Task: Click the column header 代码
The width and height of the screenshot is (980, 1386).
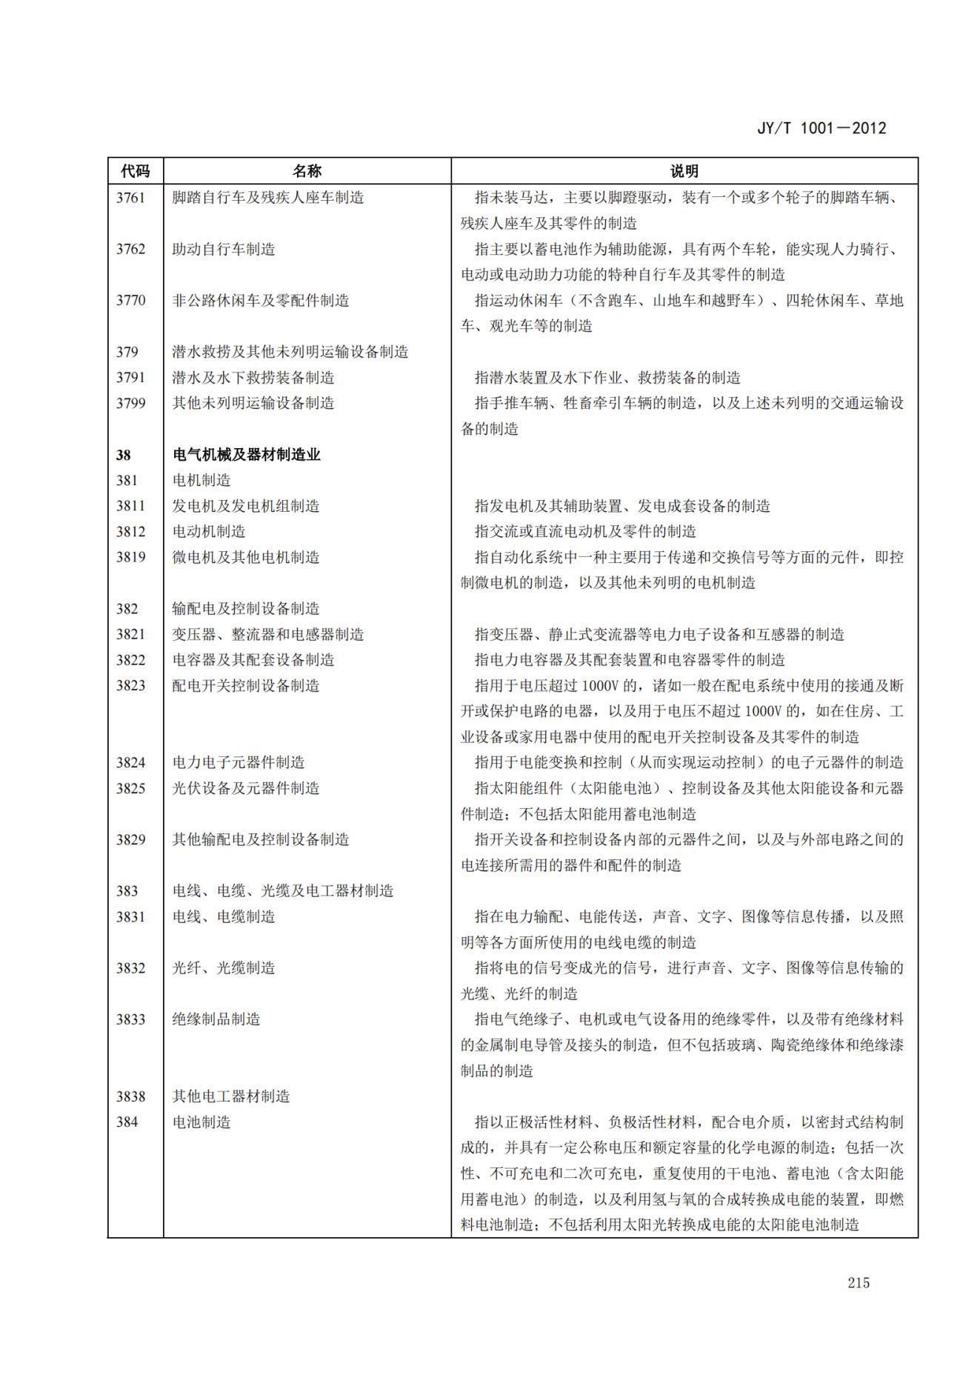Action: coord(135,171)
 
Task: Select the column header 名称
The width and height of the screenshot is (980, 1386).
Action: coord(307,171)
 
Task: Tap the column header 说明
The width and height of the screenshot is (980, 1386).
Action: coord(684,171)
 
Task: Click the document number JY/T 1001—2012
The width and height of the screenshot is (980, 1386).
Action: coord(821,128)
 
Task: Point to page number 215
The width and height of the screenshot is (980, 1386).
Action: coord(859,1283)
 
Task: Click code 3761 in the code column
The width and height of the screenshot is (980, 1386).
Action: coord(130,198)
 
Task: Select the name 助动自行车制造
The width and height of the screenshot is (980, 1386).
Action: coord(224,249)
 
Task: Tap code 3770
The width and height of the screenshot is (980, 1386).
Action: coord(130,300)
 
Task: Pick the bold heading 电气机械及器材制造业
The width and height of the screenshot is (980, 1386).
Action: coord(246,455)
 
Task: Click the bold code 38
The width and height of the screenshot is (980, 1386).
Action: coord(123,455)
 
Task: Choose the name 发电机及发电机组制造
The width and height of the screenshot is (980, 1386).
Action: coord(246,506)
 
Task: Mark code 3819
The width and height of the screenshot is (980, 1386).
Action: coord(130,557)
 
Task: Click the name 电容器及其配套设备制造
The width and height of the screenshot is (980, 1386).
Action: coord(253,659)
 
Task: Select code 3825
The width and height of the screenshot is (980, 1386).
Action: coord(130,788)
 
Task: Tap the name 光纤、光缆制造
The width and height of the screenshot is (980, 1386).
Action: coord(224,968)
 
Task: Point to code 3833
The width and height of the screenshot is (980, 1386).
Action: coord(130,1019)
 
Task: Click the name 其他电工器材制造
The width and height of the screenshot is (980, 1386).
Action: coord(231,1096)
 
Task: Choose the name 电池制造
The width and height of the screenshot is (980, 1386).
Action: coord(201,1122)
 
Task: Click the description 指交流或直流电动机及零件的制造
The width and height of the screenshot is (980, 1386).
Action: coord(585,532)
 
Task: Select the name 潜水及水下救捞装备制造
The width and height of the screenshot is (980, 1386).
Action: coord(253,378)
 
